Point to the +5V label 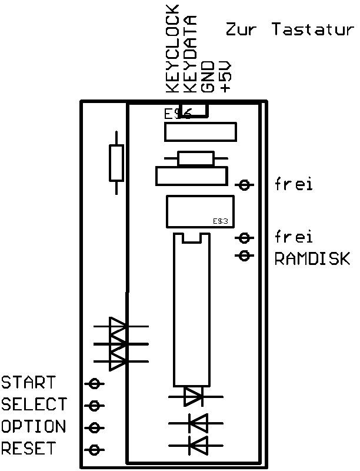point(225,77)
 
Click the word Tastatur point(312,30)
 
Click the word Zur point(241,30)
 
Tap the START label point(28,383)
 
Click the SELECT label point(34,404)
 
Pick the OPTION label point(34,426)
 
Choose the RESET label point(28,448)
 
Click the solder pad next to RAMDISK point(245,256)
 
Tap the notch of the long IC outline point(191,238)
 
